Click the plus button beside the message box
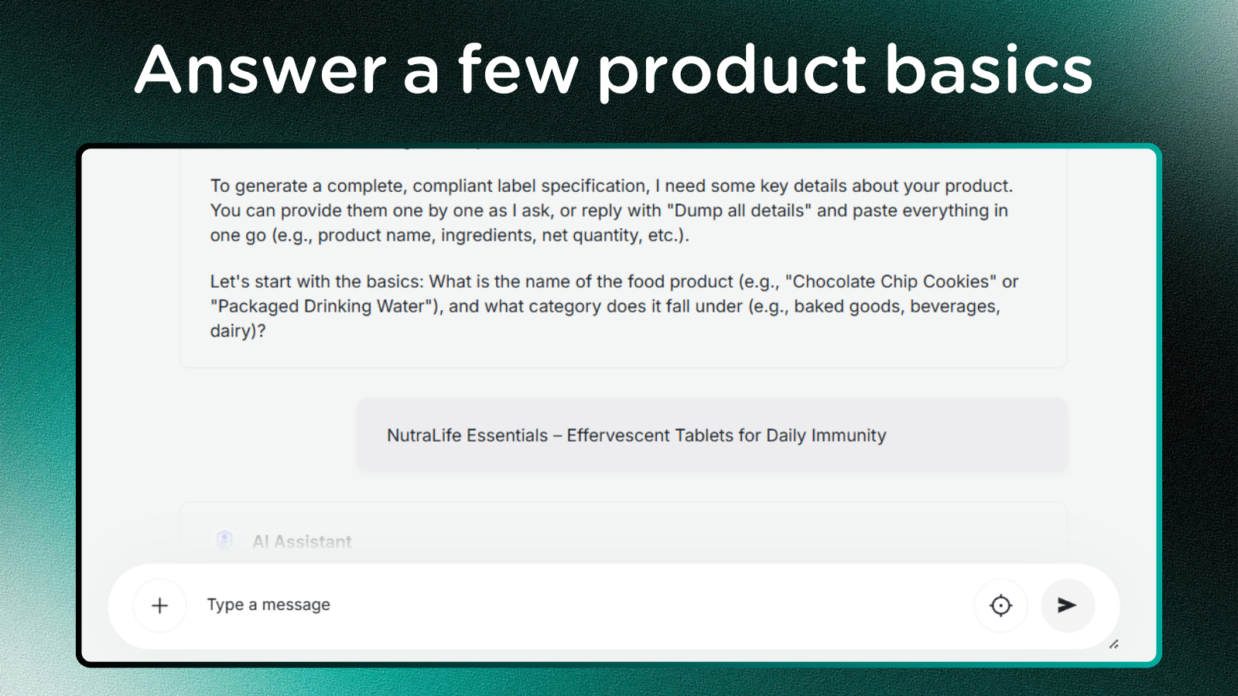pyautogui.click(x=159, y=606)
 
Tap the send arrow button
pyautogui.click(x=1067, y=606)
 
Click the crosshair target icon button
pyautogui.click(x=1001, y=606)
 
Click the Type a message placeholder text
pyautogui.click(x=268, y=605)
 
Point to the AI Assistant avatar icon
pyautogui.click(x=224, y=540)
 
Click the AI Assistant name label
pyautogui.click(x=302, y=541)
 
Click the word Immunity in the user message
pyautogui.click(x=848, y=436)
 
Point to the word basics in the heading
pyautogui.click(x=989, y=70)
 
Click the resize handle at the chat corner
pyautogui.click(x=1113, y=644)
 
